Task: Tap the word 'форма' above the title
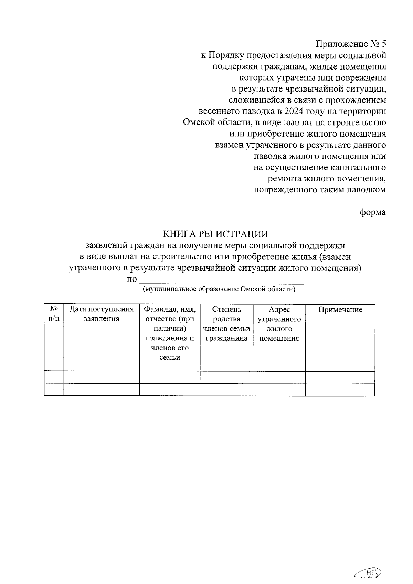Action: point(373,212)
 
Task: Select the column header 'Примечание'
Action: point(340,310)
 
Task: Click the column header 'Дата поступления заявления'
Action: point(102,314)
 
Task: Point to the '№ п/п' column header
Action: point(54,314)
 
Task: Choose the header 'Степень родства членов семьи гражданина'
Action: point(226,323)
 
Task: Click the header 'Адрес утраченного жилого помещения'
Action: point(279,323)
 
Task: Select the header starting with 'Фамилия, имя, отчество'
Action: point(170,333)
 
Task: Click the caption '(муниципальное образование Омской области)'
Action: point(219,289)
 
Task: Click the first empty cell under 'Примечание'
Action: point(340,378)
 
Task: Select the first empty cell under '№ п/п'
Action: point(54,378)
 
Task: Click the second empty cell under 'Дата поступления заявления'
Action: point(102,390)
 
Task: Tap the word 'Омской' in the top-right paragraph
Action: point(199,123)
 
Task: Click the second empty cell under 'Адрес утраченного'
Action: point(279,390)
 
